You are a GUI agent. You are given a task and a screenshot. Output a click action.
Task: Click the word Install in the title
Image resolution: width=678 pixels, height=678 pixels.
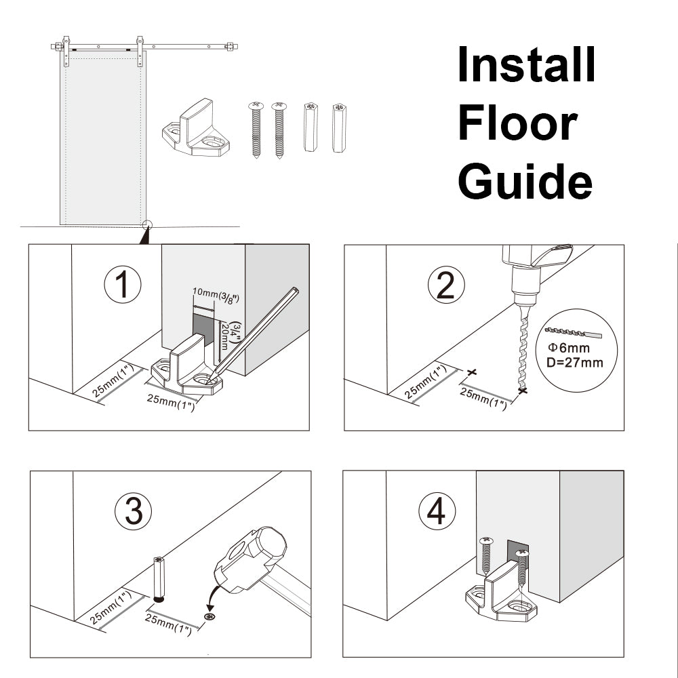click(527, 65)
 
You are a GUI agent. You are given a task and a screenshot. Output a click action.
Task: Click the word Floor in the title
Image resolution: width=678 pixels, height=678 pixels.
click(517, 123)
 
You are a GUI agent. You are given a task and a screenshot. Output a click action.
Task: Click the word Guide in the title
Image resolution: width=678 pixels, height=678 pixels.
click(525, 182)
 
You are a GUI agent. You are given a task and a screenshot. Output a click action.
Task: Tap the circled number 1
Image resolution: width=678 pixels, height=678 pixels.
click(123, 285)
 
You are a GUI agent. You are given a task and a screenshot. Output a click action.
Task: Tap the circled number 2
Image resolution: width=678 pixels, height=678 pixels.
click(445, 285)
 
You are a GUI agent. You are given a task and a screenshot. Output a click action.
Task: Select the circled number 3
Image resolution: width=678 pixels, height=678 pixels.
click(134, 512)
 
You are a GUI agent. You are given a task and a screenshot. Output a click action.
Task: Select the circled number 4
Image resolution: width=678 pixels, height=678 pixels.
click(437, 512)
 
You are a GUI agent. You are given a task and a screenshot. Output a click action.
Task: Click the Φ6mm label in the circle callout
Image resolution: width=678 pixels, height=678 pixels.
click(568, 348)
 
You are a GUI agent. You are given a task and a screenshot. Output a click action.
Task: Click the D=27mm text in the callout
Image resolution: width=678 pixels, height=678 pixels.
click(574, 362)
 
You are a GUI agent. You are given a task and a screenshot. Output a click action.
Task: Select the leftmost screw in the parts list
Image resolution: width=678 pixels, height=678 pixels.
click(256, 129)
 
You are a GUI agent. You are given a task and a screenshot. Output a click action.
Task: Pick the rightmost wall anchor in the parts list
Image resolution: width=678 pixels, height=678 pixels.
click(338, 127)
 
